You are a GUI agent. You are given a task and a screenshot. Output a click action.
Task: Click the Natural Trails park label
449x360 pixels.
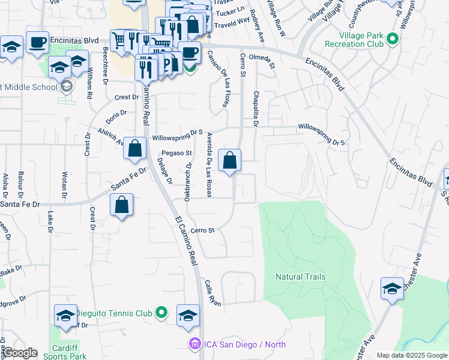[x=300, y=277]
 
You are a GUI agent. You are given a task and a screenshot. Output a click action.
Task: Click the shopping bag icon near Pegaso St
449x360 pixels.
[x=230, y=161]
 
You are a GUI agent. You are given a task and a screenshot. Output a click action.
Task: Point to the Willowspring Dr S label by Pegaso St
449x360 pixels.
[x=178, y=137]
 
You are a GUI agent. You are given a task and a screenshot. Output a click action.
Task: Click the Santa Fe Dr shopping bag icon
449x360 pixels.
[x=122, y=205]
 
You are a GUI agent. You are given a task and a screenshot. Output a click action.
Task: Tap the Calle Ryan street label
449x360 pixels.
[x=212, y=293]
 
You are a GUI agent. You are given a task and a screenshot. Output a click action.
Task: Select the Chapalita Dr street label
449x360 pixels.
[x=256, y=109]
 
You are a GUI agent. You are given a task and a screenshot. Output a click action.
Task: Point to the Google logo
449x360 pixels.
[x=20, y=353]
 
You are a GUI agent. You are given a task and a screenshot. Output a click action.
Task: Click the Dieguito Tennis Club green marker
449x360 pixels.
[x=161, y=313]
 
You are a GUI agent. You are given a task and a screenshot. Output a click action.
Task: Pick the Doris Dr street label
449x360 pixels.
[x=117, y=112]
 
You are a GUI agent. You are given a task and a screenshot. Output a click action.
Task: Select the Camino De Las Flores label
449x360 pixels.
[x=218, y=79]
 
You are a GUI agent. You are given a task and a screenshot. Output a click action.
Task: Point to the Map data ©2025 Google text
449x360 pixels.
[x=412, y=355]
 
